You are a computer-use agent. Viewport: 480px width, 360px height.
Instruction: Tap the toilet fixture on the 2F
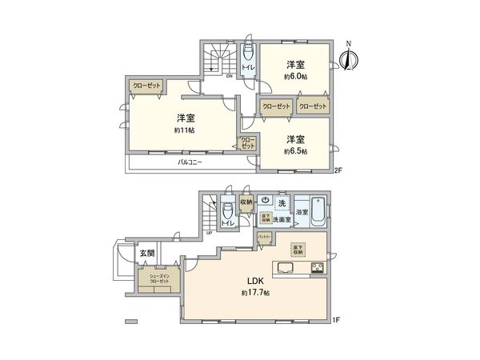click(248, 54)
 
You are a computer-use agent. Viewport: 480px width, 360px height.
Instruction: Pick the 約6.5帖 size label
click(296, 150)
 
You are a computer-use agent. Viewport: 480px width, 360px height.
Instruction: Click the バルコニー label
click(190, 162)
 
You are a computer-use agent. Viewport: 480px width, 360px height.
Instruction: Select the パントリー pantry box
click(265, 238)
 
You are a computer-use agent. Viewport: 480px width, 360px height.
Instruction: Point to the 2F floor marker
click(338, 169)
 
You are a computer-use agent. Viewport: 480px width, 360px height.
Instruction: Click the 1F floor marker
click(338, 320)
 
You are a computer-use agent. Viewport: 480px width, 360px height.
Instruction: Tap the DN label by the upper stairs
click(229, 77)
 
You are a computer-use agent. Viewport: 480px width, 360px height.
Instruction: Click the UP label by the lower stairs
click(210, 233)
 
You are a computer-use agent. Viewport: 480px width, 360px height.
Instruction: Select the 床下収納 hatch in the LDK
click(298, 248)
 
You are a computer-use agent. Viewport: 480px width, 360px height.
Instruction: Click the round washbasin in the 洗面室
click(263, 201)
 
